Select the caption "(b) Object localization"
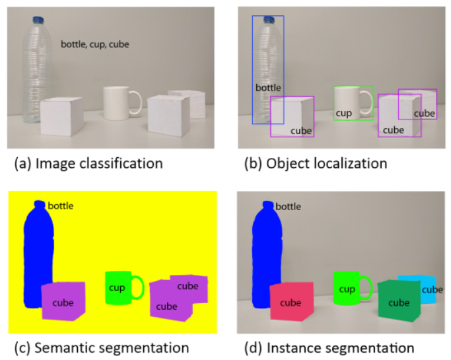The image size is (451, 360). (x=312, y=163)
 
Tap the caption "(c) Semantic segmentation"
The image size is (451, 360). (x=98, y=347)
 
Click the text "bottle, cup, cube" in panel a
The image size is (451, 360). (x=94, y=44)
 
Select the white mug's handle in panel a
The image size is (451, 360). (x=136, y=102)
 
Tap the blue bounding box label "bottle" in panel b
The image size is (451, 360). (x=268, y=87)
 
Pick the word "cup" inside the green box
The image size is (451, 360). (x=343, y=113)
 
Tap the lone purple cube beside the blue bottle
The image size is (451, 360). (x=63, y=301)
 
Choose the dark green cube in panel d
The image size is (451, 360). (x=398, y=301)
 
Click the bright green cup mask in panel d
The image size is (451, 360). (x=346, y=288)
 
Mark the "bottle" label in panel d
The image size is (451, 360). (x=288, y=207)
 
